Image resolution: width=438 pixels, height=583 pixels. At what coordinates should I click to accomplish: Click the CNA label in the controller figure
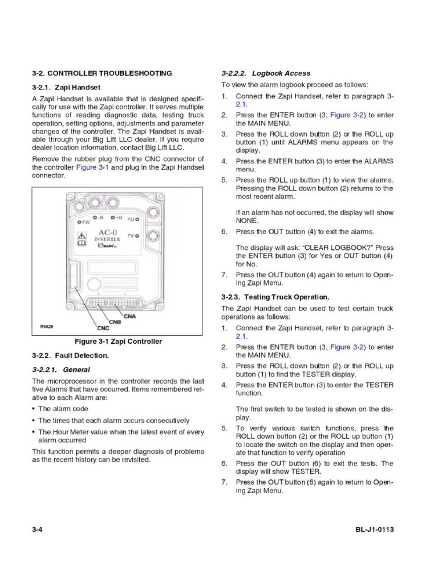coord(130,317)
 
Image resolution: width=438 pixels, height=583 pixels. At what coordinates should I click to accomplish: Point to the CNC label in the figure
coord(102,329)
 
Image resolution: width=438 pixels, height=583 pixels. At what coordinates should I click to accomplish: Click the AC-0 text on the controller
coord(107,232)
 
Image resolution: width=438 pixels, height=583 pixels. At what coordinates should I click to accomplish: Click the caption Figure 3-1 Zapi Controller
coord(119,342)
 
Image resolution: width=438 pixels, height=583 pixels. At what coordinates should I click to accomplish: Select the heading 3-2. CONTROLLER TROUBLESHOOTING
coord(102,73)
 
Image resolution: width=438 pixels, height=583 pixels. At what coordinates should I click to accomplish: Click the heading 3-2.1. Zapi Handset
coord(66,88)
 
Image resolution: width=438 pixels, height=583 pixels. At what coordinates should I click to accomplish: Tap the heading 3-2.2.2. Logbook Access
coord(266,73)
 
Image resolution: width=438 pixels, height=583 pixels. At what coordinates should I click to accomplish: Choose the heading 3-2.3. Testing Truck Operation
coord(275,297)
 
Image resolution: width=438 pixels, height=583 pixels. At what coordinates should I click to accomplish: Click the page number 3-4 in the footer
coord(38,529)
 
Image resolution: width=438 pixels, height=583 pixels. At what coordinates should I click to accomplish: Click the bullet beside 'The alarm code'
coord(34,409)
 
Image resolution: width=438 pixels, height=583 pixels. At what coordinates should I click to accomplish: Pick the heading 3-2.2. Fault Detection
coord(70,355)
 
